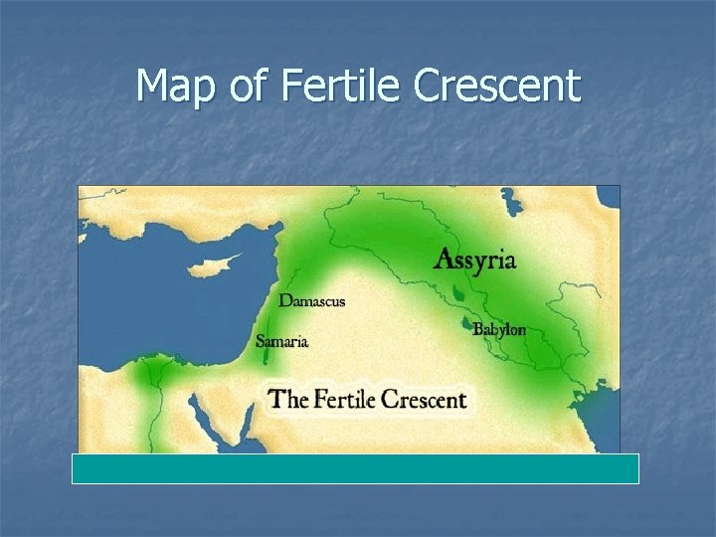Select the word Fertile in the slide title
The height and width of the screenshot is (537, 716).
coord(339,87)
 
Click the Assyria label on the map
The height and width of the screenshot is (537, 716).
coord(475,261)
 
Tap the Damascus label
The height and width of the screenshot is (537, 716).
coord(311,299)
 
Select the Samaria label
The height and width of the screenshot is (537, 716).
coord(282,341)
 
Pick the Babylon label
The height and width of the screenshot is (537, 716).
coord(499,329)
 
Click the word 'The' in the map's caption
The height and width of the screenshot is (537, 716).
coord(290,400)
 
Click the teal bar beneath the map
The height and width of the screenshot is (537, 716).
coord(355,468)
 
